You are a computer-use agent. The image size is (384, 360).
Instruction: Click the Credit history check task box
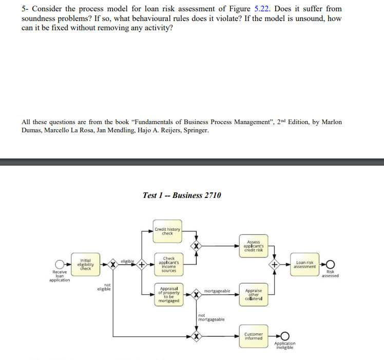pyautogui.click(x=167, y=232)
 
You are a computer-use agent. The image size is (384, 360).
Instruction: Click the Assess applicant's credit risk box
pyautogui.click(x=254, y=246)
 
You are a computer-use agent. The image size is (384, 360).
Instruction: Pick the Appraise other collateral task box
pyautogui.click(x=254, y=295)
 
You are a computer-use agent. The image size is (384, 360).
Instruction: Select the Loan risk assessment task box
pyautogui.click(x=305, y=265)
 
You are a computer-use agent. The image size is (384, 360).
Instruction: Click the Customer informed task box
pyautogui.click(x=254, y=336)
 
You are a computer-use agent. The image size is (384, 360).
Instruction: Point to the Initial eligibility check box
pyautogui.click(x=85, y=265)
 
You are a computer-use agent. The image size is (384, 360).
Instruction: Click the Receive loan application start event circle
pyautogui.click(x=60, y=265)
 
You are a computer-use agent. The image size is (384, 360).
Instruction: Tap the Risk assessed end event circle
pyautogui.click(x=330, y=265)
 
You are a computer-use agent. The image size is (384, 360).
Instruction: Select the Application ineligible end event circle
pyautogui.click(x=284, y=336)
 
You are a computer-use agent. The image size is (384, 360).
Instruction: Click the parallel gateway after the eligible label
pyautogui.click(x=141, y=265)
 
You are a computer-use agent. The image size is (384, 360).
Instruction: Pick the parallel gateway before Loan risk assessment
pyautogui.click(x=275, y=265)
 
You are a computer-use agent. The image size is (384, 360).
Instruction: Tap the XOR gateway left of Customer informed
pyautogui.click(x=196, y=336)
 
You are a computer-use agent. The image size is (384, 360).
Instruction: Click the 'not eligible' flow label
pyautogui.click(x=107, y=287)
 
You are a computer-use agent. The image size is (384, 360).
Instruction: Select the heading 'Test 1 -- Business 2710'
pyautogui.click(x=182, y=195)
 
